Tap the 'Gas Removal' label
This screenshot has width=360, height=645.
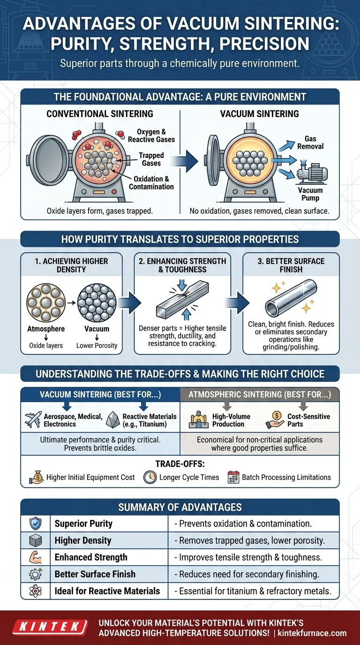pos(310,142)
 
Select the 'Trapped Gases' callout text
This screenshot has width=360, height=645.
pos(151,159)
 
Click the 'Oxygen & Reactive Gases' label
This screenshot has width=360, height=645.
pos(151,135)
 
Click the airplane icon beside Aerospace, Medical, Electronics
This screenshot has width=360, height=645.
pos(32,420)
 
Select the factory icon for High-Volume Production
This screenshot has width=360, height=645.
pos(198,420)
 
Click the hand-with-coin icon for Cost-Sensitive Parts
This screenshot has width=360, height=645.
pos(275,420)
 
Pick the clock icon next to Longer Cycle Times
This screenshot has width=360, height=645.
pos(150,477)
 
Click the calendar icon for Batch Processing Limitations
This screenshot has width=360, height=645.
pos(233,477)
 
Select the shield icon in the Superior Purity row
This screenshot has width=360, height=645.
pos(35,524)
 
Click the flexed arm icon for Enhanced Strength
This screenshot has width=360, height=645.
pos(35,557)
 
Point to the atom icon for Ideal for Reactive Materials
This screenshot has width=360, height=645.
pos(35,591)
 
